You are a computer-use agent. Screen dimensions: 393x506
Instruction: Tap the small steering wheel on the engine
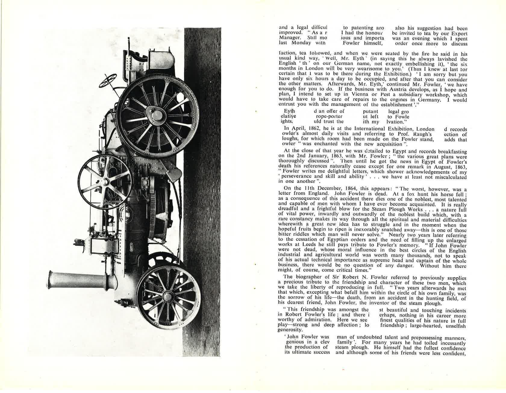(110, 80)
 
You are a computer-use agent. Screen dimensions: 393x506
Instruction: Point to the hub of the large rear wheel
(157, 116)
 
